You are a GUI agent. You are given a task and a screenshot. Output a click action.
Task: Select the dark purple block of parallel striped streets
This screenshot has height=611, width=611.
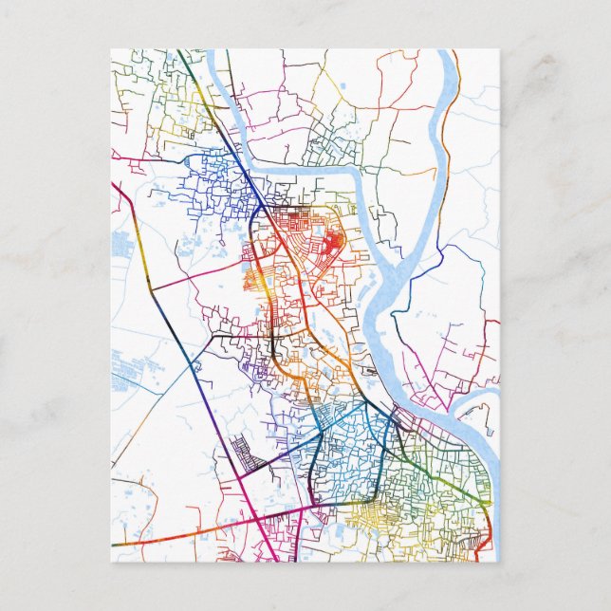coord(249,455)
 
